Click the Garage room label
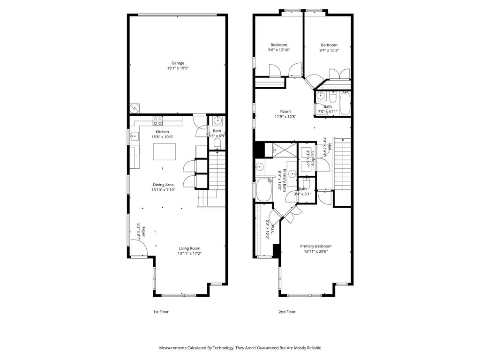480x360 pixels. coord(178,63)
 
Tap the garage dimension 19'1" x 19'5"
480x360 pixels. coord(178,68)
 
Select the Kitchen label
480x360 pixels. coord(162,132)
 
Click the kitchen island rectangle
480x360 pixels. coord(165,151)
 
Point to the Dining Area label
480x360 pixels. coord(163,185)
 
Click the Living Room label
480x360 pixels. coord(189,248)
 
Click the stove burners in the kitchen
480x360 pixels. coord(157,121)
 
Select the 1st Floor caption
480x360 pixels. coord(161,312)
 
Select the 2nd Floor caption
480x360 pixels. coord(287,312)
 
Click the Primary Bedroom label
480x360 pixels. coord(315,246)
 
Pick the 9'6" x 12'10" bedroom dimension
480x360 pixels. coord(278,50)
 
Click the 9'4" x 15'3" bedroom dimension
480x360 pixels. coord(329,50)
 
